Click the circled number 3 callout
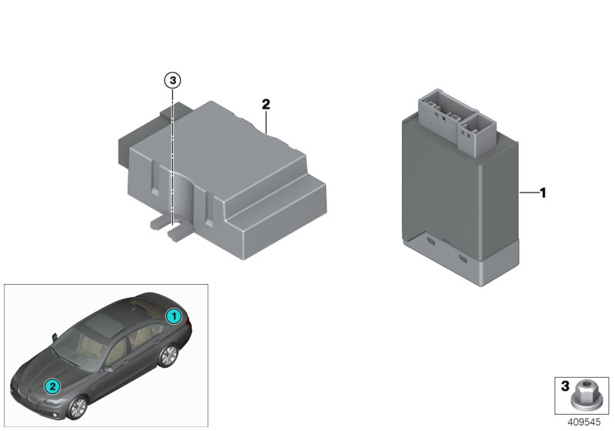click(173, 79)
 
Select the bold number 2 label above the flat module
click(265, 104)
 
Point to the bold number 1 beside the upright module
click(542, 193)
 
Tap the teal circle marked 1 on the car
click(175, 316)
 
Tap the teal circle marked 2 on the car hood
click(52, 386)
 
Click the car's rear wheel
click(167, 355)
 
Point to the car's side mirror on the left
click(55, 336)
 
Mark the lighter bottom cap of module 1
click(461, 266)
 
